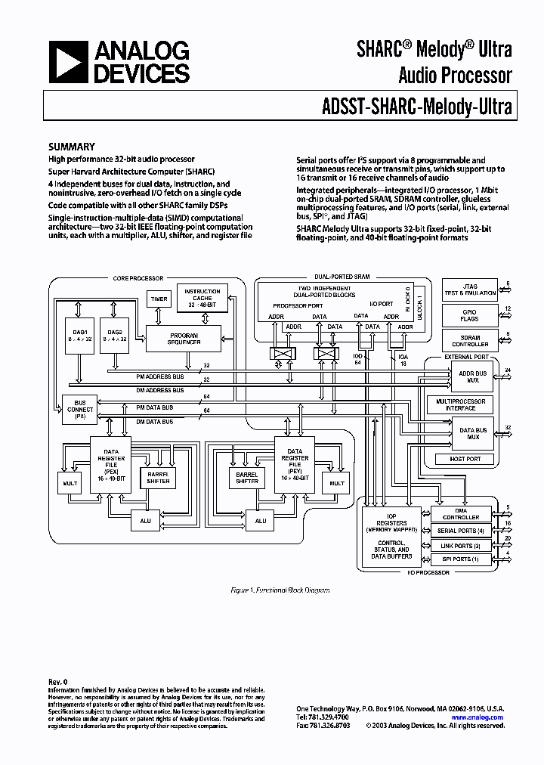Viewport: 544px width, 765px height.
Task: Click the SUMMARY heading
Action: click(x=72, y=147)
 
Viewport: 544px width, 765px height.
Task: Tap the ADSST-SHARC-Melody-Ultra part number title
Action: click(x=412, y=107)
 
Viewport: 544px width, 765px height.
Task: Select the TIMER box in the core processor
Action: click(x=158, y=299)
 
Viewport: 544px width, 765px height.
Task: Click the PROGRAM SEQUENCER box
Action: click(x=184, y=338)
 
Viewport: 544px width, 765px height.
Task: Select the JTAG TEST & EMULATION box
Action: click(x=469, y=290)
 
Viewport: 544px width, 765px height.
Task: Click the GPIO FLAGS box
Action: click(x=469, y=315)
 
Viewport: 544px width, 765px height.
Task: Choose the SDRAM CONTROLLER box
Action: click(x=469, y=340)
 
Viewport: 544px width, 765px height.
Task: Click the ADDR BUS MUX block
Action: click(x=473, y=376)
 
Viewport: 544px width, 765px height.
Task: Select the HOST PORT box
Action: click(x=465, y=459)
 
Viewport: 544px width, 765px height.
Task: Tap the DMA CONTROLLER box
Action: click(x=461, y=514)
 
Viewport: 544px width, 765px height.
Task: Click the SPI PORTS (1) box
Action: click(x=461, y=559)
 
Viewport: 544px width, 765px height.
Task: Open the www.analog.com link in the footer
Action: click(x=478, y=717)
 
